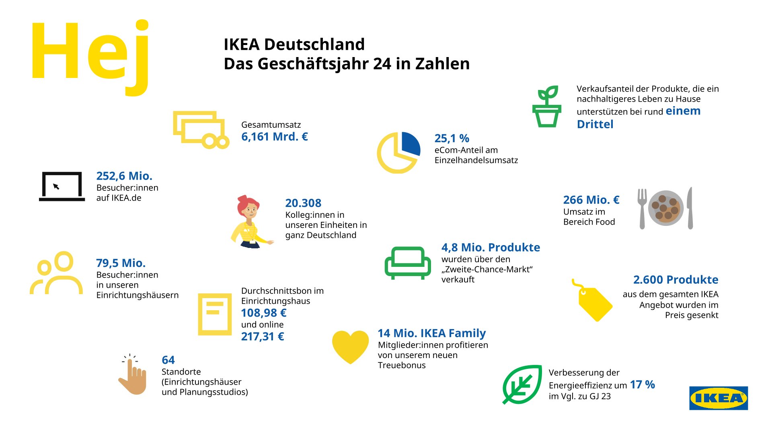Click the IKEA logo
click(x=718, y=398)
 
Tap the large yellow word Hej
click(x=90, y=54)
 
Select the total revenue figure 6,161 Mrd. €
click(x=274, y=137)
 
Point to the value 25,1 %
click(x=452, y=138)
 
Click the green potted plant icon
click(x=547, y=106)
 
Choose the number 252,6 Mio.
click(x=124, y=176)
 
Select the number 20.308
click(x=303, y=203)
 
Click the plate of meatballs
click(x=666, y=208)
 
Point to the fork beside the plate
click(x=642, y=208)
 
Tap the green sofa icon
click(x=408, y=263)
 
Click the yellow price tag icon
click(x=593, y=301)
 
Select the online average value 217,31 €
click(x=262, y=337)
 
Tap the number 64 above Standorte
click(x=168, y=360)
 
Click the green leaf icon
click(x=522, y=384)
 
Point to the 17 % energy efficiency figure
click(x=642, y=385)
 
